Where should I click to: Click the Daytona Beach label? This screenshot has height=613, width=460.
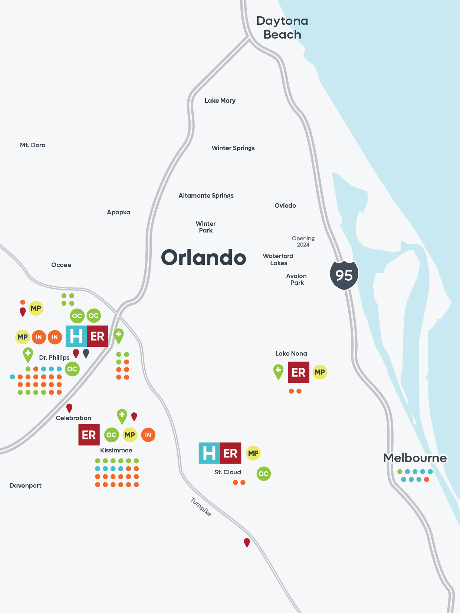coord(282,28)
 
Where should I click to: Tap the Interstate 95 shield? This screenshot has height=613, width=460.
coord(344,275)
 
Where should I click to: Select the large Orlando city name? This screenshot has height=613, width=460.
coord(203,257)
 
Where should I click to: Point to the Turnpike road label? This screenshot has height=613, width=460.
coord(201,507)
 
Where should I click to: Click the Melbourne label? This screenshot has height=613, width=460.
coord(415,458)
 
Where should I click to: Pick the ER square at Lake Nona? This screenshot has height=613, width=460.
coord(299,372)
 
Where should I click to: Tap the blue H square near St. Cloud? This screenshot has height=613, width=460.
coord(209,453)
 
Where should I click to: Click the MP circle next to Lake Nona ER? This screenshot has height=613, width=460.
coord(320,372)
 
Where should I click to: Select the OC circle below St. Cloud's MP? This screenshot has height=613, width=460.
coord(263,474)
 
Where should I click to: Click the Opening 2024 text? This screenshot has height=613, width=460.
coord(303,241)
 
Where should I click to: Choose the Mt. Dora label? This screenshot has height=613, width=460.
coord(33,145)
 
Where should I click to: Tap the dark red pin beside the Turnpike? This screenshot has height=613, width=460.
coord(247,542)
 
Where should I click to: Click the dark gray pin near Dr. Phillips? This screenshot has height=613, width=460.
coord(86,353)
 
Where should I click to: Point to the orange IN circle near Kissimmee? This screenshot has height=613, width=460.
coord(148,435)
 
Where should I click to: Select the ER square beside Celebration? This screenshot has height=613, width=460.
coord(89,435)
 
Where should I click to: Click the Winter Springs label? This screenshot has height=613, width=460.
coord(233,148)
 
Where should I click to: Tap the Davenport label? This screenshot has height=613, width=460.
coord(25,485)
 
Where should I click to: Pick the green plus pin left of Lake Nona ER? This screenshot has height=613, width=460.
coord(278,371)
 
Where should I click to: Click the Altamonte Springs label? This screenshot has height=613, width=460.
coord(206,195)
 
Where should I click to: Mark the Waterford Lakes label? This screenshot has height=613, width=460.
coord(278,259)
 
